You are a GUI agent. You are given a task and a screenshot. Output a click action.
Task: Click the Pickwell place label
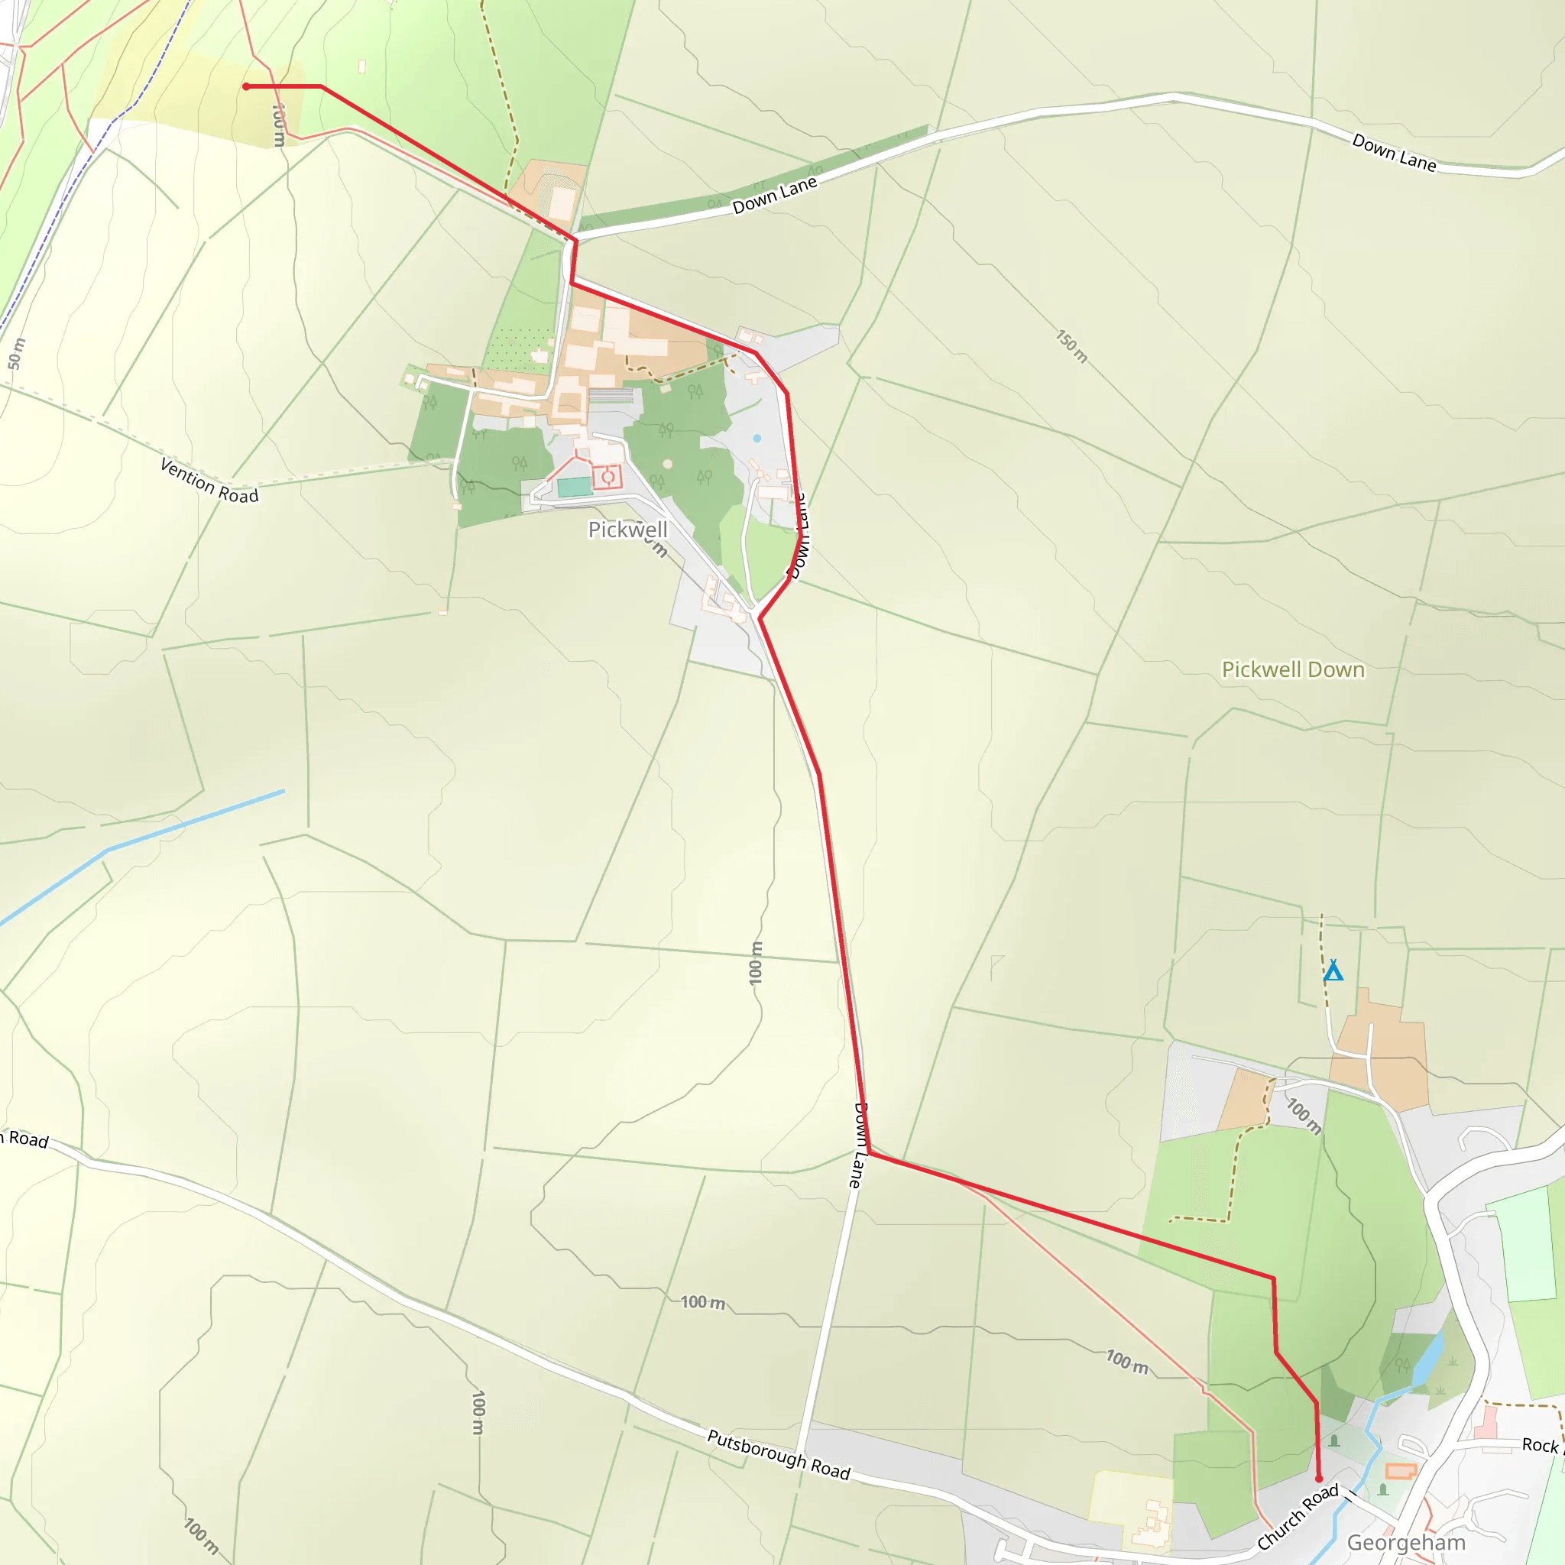(628, 530)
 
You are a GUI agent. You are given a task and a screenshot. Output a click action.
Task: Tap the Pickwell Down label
(1293, 670)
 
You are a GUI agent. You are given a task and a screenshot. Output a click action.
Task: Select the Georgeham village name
(1406, 1542)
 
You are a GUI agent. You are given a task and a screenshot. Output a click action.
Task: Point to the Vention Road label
(209, 481)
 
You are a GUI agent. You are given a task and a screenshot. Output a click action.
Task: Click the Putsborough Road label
(779, 1456)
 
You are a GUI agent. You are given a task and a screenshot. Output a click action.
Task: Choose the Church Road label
(1298, 1517)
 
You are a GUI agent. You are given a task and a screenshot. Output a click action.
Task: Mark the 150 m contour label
(1071, 346)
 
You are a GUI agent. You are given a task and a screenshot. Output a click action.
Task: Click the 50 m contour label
(16, 354)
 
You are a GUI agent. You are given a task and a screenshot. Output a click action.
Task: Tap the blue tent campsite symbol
(1333, 970)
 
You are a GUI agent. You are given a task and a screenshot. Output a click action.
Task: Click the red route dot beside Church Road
(1319, 1479)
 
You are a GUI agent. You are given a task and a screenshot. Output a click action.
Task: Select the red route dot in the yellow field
(246, 86)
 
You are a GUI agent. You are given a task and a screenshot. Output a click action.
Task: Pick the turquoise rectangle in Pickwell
(575, 487)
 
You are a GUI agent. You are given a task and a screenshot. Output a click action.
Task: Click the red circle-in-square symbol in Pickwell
(608, 477)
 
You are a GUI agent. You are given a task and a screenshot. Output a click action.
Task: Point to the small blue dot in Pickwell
(757, 438)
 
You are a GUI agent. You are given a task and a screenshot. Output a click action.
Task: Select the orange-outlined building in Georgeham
(1401, 1471)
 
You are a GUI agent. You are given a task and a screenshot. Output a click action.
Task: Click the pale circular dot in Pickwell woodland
(667, 464)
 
